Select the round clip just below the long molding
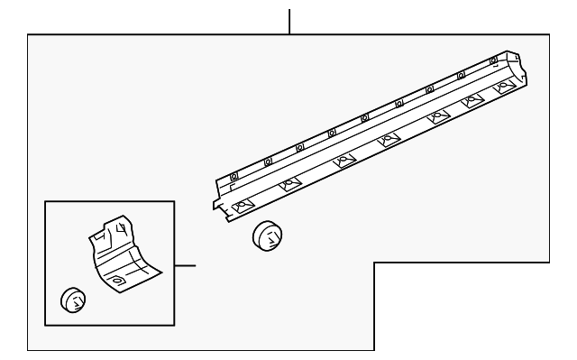click(269, 235)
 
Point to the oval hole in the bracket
click(117, 283)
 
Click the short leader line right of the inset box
click(185, 266)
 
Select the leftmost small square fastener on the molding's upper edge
click(234, 175)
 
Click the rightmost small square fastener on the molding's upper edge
click(492, 60)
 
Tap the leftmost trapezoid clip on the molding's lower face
click(242, 207)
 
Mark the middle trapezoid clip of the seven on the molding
click(389, 140)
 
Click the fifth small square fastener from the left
click(364, 117)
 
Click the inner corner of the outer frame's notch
click(374, 263)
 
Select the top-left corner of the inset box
click(44, 201)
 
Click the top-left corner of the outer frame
click(28, 35)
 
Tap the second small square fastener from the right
click(462, 75)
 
